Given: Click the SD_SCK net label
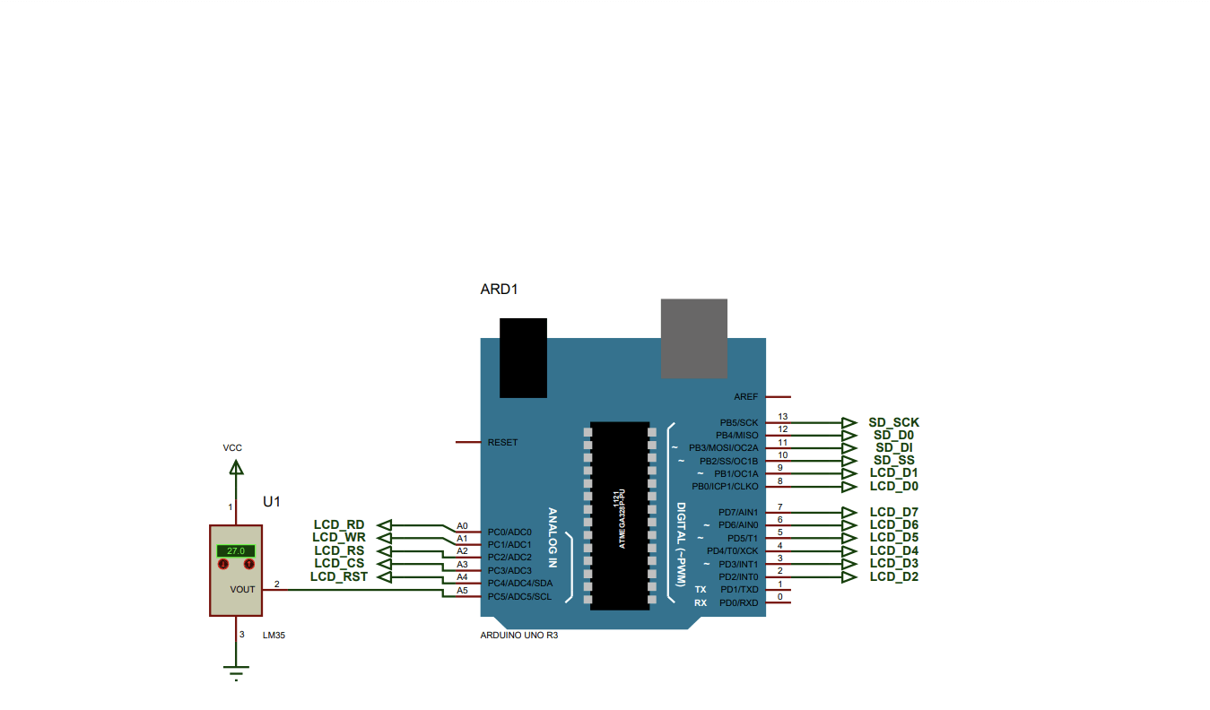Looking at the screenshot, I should [x=893, y=422].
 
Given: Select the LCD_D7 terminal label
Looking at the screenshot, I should [x=893, y=513].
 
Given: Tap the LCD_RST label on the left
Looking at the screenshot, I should [x=339, y=576].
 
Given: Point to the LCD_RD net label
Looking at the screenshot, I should [x=339, y=524].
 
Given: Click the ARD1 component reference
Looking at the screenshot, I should [x=500, y=290].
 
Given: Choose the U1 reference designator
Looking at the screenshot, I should [x=272, y=501].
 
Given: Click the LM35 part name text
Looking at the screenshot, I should [x=274, y=635].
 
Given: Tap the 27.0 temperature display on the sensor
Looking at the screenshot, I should [x=236, y=550].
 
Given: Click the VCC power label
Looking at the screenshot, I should [x=232, y=447].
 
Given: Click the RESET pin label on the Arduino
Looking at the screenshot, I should [x=502, y=443].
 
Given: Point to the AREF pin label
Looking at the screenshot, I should [x=745, y=396].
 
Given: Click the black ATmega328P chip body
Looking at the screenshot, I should [x=619, y=515].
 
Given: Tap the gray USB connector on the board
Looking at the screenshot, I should [x=694, y=339].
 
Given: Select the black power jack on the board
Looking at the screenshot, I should [x=523, y=357].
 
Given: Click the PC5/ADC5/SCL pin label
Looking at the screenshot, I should [x=519, y=596].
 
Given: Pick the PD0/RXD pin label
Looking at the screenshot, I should [x=738, y=602].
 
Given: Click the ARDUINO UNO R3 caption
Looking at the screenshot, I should [x=519, y=635].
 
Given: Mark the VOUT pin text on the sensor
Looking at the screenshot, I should [x=242, y=589].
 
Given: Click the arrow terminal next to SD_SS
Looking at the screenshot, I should [x=849, y=461].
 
